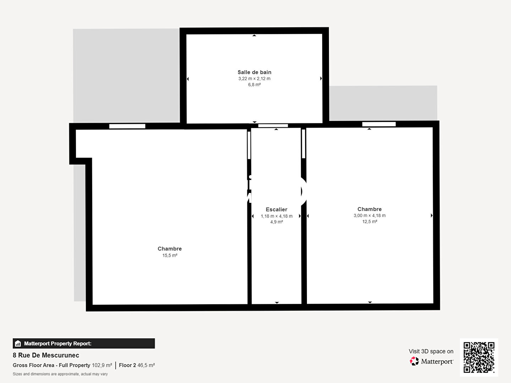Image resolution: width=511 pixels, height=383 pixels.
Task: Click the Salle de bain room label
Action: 254,72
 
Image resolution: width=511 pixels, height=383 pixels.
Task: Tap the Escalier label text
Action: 276,210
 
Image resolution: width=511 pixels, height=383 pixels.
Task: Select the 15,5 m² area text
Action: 170,255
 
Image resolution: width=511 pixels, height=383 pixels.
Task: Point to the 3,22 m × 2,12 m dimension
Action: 254,79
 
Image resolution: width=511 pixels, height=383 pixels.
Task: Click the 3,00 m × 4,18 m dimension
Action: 369,216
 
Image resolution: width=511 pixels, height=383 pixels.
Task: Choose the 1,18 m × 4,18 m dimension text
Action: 276,216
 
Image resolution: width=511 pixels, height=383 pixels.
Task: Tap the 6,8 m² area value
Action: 254,85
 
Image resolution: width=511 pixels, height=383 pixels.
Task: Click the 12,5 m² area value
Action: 369,222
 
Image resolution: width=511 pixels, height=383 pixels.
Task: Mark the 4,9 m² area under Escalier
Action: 276,222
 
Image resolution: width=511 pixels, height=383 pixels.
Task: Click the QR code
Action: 479,357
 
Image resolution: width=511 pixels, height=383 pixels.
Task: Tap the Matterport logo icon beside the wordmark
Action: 414,361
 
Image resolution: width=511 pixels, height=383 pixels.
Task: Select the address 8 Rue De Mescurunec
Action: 46,355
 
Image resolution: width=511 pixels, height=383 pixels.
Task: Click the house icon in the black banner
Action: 18,344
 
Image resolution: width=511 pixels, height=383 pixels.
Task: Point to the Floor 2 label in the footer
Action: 127,365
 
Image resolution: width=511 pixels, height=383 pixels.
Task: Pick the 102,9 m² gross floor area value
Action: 102,365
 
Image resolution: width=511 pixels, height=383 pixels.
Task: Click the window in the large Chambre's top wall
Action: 127,126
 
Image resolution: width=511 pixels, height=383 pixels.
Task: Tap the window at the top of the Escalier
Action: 273,126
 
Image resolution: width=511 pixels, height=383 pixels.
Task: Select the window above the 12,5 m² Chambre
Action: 379,124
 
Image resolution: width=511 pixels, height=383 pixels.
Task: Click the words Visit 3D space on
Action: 431,351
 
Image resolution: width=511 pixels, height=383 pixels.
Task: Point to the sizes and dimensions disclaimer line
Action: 60,374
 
